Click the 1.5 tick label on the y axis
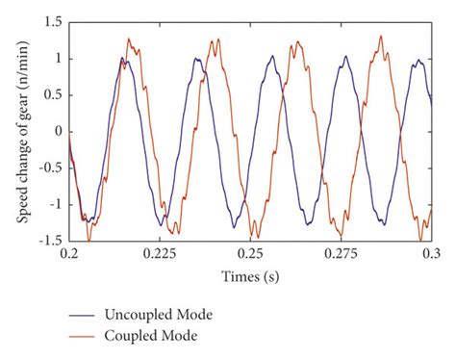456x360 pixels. tap(54, 21)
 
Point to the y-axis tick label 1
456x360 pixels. tap(59, 58)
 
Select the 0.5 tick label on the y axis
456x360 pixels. tap(54, 94)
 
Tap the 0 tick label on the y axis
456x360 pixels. tap(59, 131)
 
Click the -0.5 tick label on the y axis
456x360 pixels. tap(52, 167)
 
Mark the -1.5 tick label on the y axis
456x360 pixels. tap(52, 241)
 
